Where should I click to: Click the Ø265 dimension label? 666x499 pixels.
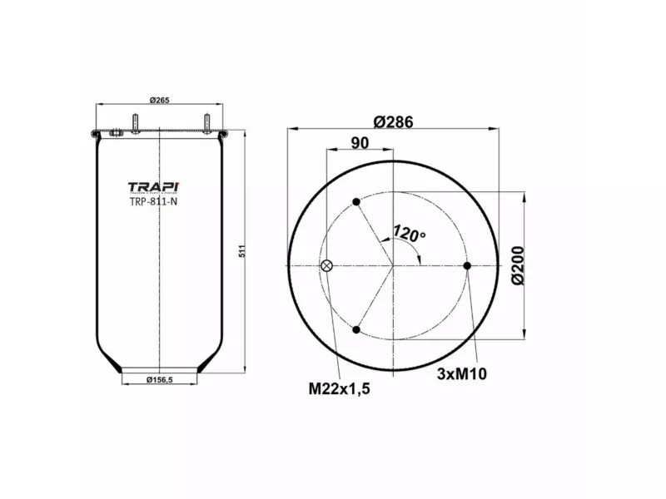(159, 101)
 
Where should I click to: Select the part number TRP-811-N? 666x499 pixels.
(152, 200)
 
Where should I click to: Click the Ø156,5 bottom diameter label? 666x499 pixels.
(159, 380)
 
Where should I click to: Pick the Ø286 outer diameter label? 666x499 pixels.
(393, 121)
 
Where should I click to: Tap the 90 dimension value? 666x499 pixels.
(360, 143)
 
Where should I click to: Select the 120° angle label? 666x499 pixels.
(409, 234)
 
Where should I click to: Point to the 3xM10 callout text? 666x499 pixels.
(461, 373)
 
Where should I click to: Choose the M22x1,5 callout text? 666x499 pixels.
(339, 388)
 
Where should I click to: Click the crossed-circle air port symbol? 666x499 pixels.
(326, 266)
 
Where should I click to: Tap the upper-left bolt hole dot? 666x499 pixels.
(356, 202)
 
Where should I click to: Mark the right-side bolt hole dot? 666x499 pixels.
(467, 266)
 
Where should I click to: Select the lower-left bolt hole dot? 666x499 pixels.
(356, 329)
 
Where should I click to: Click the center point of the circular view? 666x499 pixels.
(393, 266)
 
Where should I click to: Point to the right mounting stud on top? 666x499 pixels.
(204, 124)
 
